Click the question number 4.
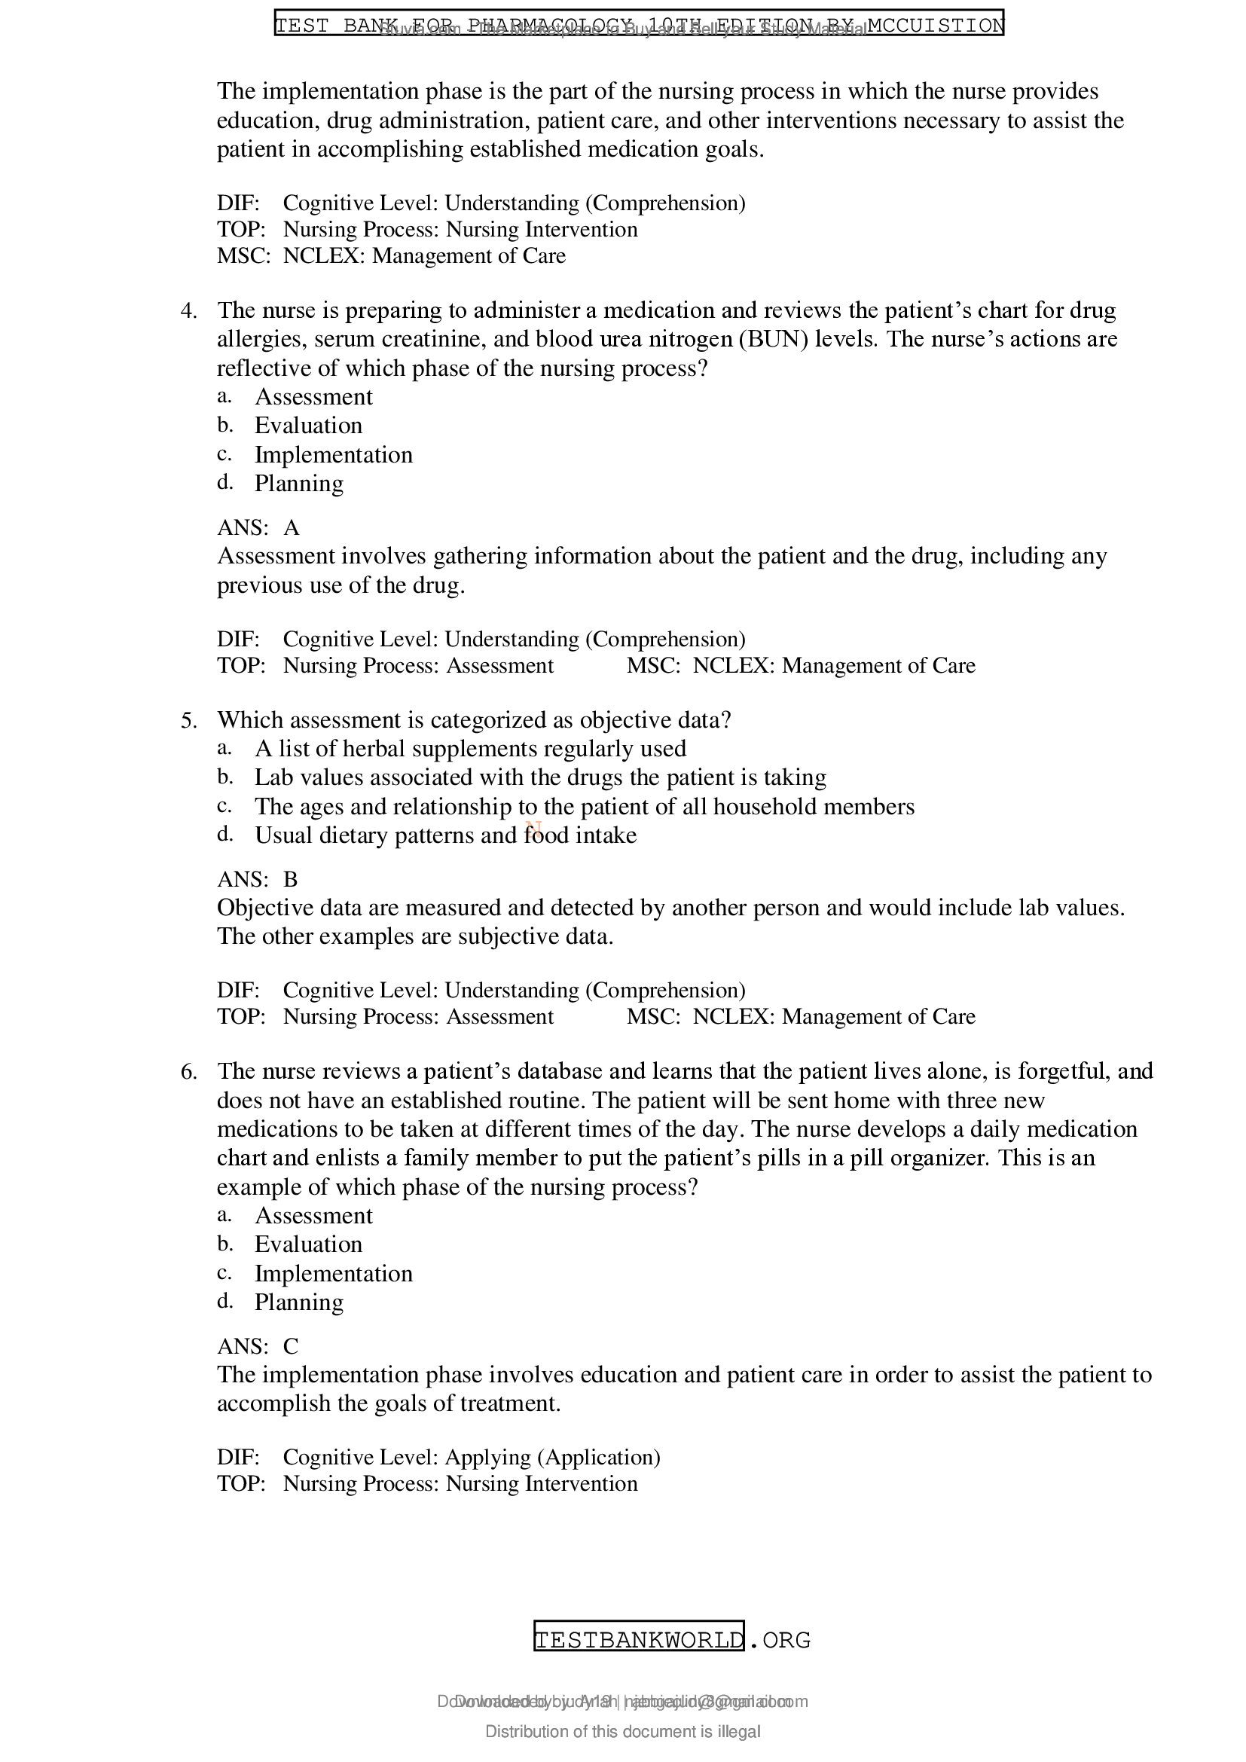tap(188, 311)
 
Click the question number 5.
tap(188, 721)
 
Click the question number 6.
tap(188, 1072)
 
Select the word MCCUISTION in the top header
tap(934, 26)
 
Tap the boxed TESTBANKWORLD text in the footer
tap(638, 1640)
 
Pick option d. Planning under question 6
tap(298, 1302)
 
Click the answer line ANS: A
tap(258, 528)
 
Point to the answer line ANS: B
tap(258, 879)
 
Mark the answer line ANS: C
tap(258, 1347)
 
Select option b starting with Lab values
tap(540, 777)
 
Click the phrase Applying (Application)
tap(552, 1458)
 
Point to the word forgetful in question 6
tap(1055, 1071)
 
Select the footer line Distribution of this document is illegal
tap(622, 1732)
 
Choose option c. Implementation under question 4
tap(333, 455)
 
